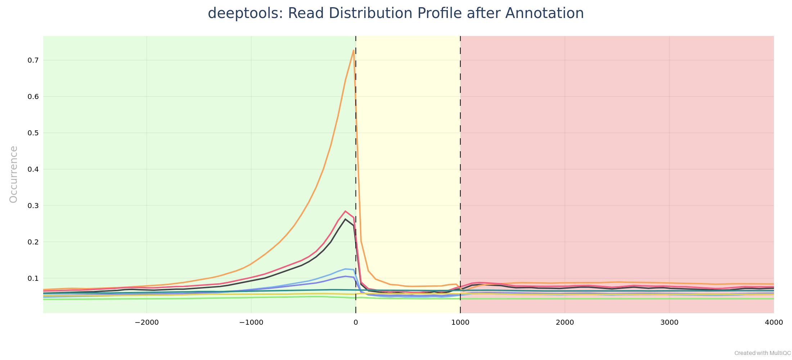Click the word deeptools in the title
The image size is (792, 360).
[241, 14]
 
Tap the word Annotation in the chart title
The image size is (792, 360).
[544, 14]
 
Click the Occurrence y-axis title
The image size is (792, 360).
[14, 174]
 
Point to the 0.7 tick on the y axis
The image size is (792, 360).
[33, 60]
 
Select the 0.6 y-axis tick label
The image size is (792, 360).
[33, 97]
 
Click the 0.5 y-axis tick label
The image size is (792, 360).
[33, 133]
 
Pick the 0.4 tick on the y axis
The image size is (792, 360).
[33, 170]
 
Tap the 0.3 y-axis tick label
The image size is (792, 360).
[33, 206]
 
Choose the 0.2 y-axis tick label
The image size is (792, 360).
[33, 242]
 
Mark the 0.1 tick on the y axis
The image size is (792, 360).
[33, 279]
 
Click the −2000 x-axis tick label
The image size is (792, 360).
[147, 323]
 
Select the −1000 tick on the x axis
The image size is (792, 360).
[251, 323]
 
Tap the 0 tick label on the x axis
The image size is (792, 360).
[356, 323]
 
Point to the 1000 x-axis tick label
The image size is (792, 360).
[460, 323]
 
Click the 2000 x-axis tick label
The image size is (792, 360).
[565, 323]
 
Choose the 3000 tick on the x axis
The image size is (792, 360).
[669, 323]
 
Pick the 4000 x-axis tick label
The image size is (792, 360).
[774, 323]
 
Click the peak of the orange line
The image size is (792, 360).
[354, 50]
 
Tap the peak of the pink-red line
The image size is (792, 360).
[345, 211]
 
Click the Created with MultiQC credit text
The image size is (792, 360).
[762, 353]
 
